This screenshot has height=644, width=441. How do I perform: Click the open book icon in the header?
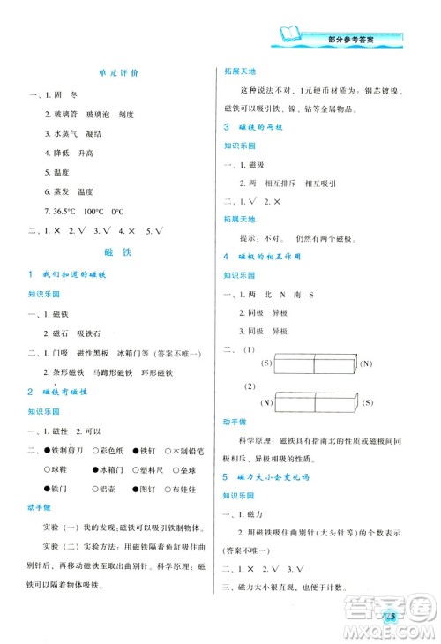pos(290,36)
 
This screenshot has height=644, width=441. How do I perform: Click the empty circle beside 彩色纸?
pos(92,450)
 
